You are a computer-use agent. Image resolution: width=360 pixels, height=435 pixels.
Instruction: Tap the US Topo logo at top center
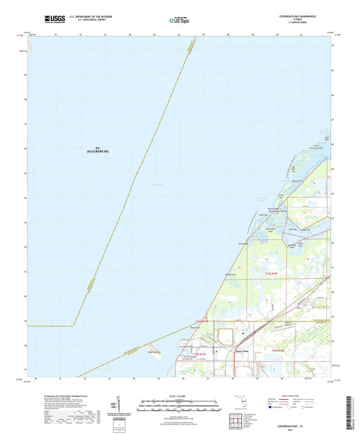click(178, 21)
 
